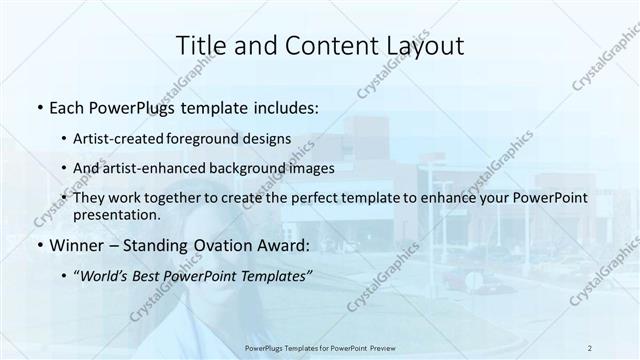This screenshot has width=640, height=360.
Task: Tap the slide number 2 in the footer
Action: tap(589, 347)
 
